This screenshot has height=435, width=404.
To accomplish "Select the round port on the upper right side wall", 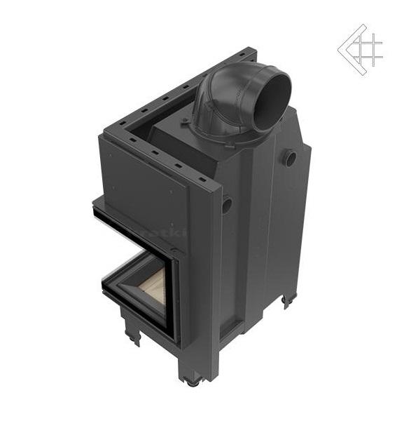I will [290, 159].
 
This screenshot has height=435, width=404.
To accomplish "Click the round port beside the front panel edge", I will [226, 206].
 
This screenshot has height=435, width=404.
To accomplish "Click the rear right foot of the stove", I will [287, 301].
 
